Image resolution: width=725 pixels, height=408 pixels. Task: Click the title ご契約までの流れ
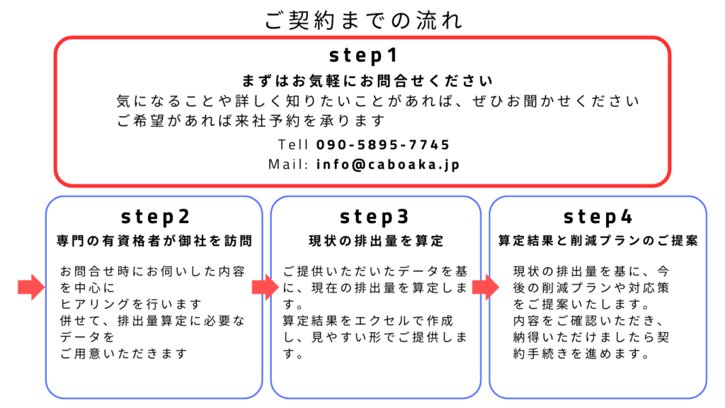click(x=363, y=21)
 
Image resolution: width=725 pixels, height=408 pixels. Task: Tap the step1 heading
click(x=363, y=55)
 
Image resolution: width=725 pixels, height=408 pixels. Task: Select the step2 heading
click(x=155, y=216)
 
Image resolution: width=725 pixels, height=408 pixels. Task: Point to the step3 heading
click(x=375, y=216)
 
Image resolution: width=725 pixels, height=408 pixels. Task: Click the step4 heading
click(x=598, y=216)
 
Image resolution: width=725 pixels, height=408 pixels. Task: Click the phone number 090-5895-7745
click(x=383, y=144)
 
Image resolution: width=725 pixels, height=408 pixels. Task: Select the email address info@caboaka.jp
click(x=388, y=164)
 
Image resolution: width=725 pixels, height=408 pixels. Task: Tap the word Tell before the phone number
click(x=293, y=144)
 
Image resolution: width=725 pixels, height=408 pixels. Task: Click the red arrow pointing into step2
click(x=31, y=287)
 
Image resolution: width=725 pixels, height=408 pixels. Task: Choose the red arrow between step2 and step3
click(x=266, y=287)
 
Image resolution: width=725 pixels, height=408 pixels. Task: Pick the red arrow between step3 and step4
click(x=486, y=287)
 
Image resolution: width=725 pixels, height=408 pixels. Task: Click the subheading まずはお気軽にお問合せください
click(x=367, y=81)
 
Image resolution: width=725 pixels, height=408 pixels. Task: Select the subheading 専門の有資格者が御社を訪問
click(x=154, y=241)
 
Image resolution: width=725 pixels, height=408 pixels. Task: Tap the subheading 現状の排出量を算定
click(x=376, y=241)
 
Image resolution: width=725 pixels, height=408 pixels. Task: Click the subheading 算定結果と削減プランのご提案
click(x=598, y=241)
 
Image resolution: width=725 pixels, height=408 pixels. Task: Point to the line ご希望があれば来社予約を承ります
click(x=251, y=120)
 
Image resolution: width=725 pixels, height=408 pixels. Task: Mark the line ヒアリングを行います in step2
click(x=131, y=304)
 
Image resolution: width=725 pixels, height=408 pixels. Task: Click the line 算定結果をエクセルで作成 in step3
click(x=367, y=321)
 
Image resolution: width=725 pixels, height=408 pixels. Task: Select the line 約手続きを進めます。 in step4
click(x=582, y=353)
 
